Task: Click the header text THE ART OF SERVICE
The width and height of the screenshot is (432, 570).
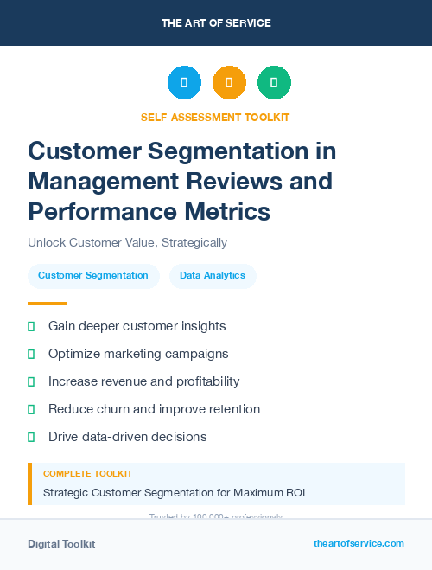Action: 216,23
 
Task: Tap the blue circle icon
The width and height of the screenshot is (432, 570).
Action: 184,82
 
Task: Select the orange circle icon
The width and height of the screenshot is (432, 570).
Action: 229,82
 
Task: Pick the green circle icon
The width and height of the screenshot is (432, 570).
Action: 274,82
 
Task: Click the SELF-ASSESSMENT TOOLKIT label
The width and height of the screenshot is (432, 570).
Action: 215,117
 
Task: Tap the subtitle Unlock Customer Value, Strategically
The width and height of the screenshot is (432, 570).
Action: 127,243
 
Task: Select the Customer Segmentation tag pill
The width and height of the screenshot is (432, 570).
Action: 93,276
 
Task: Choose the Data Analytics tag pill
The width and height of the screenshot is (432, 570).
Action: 213,276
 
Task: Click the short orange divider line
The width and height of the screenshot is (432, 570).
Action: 47,304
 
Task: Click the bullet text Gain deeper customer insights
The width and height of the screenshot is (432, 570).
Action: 137,326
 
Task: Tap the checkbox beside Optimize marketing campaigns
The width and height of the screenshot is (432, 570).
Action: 31,354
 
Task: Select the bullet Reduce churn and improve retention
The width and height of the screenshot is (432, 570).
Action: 154,409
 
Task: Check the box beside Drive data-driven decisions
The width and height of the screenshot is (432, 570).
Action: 31,437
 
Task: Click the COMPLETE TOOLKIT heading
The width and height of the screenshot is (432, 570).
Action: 87,474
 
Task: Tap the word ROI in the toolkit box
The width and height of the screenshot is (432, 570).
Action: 294,493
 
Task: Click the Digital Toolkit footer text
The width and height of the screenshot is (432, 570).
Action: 61,544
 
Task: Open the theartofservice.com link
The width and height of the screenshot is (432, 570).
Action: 359,543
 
